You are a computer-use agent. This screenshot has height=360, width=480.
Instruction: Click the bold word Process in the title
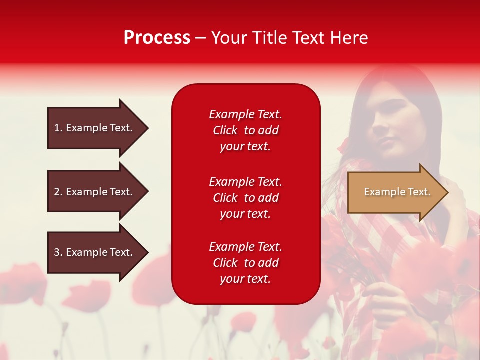pos(157,38)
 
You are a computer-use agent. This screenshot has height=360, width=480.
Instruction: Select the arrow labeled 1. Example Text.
pos(95,128)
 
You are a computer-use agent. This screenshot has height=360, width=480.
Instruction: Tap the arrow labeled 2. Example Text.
pos(95,192)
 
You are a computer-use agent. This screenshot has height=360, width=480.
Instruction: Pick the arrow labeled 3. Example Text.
pos(95,252)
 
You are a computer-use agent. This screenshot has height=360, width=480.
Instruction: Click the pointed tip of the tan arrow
pos(447,192)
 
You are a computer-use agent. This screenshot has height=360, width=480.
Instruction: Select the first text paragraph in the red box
pos(245,130)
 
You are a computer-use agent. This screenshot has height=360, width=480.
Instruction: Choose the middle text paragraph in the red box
pos(245,198)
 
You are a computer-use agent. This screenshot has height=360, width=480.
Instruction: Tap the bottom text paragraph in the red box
pos(245,263)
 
